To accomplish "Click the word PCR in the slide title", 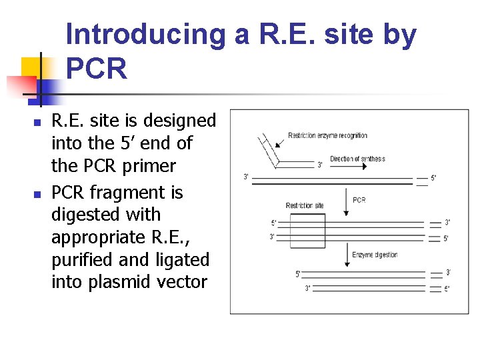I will pos(97,68).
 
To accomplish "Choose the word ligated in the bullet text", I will pos(181,259).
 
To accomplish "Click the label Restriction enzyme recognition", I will pos(327,136).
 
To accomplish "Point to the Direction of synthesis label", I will pos(357,159).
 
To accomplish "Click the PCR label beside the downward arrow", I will pos(359,200).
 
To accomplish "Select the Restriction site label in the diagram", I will pos(305,205).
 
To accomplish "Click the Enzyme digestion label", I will pos(374,255).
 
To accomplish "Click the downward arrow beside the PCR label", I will pos(345,201).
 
